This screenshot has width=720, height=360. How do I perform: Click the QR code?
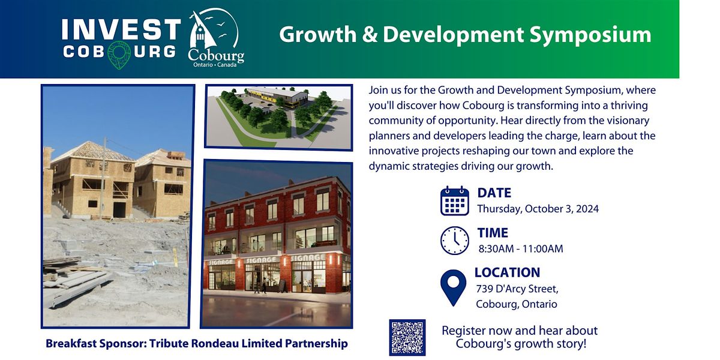coord(407,337)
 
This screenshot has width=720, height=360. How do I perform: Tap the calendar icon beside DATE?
coord(454,201)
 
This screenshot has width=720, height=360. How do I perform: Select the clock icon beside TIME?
coord(454,241)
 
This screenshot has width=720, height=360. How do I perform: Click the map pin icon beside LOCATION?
coord(453,287)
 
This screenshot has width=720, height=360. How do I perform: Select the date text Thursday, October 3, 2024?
coord(538,209)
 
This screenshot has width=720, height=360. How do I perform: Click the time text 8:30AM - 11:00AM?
coord(520,248)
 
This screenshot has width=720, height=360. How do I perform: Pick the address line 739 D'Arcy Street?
coord(517,289)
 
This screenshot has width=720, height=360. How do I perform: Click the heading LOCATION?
coord(507,272)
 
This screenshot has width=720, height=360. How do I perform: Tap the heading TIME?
coord(493,233)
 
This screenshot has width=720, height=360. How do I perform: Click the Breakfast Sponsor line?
coord(197,344)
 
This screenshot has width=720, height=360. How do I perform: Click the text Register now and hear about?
coord(520,331)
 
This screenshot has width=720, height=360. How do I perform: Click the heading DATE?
coord(494,193)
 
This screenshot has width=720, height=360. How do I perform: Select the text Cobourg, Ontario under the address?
coord(516,304)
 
